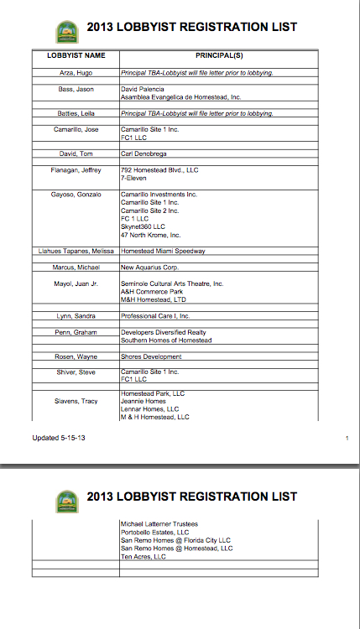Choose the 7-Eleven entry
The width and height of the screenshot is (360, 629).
point(134,178)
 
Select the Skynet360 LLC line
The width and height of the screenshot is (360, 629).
point(143,226)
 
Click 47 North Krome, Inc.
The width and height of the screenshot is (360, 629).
point(151,235)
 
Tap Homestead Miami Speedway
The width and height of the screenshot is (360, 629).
point(163,251)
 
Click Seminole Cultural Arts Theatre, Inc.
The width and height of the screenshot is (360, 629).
point(172,283)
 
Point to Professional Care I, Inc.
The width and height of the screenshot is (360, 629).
point(155,316)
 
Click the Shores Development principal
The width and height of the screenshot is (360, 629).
point(151,356)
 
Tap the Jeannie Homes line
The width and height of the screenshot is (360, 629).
point(143,401)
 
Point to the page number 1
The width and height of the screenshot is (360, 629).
point(347,438)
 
